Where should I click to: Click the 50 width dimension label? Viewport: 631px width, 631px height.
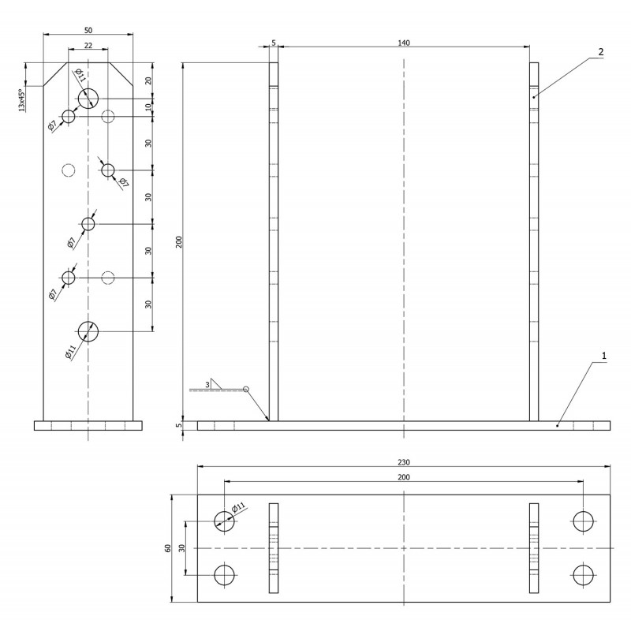click(x=88, y=30)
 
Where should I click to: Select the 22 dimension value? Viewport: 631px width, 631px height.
click(x=88, y=46)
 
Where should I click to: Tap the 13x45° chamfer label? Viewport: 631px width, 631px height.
click(x=23, y=100)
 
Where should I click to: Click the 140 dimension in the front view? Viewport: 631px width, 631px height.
click(x=404, y=43)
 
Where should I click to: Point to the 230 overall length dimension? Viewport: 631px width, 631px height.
click(x=404, y=462)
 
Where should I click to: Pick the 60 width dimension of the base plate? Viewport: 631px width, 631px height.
click(x=168, y=548)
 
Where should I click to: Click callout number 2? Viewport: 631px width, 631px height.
click(x=601, y=52)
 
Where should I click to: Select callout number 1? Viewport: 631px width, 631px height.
click(x=603, y=356)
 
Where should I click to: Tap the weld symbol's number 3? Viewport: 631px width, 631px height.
click(x=207, y=385)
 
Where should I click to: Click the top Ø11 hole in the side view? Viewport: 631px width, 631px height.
click(x=88, y=99)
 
